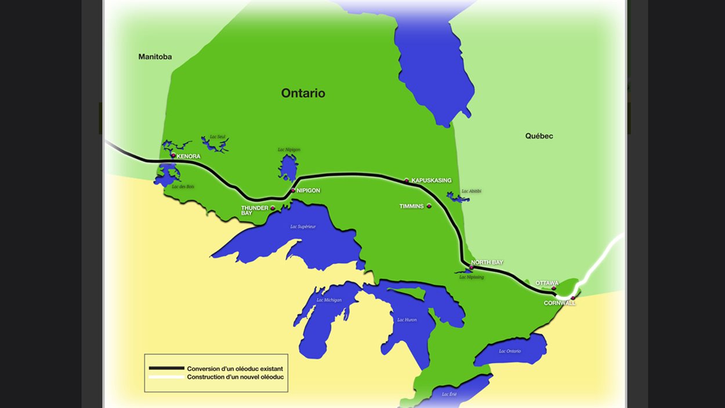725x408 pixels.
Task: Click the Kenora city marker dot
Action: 173,156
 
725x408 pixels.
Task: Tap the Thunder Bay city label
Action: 255,210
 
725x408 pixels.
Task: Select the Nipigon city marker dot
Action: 293,190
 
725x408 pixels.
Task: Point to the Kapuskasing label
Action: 431,180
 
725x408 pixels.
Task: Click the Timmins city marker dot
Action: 429,206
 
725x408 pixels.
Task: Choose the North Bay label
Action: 487,262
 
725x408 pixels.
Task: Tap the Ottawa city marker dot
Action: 553,288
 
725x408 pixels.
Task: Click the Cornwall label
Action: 560,303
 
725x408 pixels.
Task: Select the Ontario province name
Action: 303,93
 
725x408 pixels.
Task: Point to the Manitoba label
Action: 155,57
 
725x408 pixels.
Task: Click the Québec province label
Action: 539,136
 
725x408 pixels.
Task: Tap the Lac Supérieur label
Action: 303,226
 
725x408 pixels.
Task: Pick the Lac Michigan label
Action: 329,300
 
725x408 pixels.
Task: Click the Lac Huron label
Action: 407,320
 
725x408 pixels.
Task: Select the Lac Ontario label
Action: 510,351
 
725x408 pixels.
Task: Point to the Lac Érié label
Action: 449,394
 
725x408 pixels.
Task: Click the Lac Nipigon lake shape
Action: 287,169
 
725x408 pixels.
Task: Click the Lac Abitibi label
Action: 472,191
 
